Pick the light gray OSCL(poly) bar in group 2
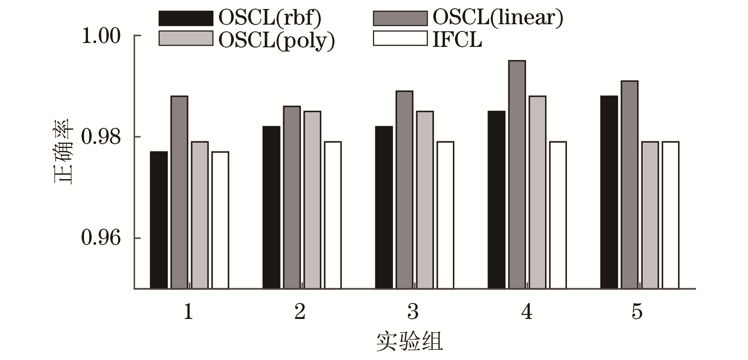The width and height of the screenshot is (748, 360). [312, 200]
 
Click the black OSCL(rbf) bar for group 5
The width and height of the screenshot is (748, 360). [609, 192]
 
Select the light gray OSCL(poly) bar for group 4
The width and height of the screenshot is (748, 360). [538, 192]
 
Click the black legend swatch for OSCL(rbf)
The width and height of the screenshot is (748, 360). [186, 18]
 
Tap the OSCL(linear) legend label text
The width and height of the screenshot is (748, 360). [497, 18]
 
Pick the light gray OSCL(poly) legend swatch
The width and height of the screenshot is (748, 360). [186, 39]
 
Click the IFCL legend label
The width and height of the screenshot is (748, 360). [457, 39]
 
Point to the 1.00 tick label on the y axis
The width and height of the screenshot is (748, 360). [101, 36]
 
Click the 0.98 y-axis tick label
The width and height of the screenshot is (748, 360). [101, 137]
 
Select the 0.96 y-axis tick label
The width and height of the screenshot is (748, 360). [101, 238]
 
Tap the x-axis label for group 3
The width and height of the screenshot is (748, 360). [413, 312]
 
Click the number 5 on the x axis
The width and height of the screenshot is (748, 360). [637, 312]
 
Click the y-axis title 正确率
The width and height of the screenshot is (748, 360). [63, 151]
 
